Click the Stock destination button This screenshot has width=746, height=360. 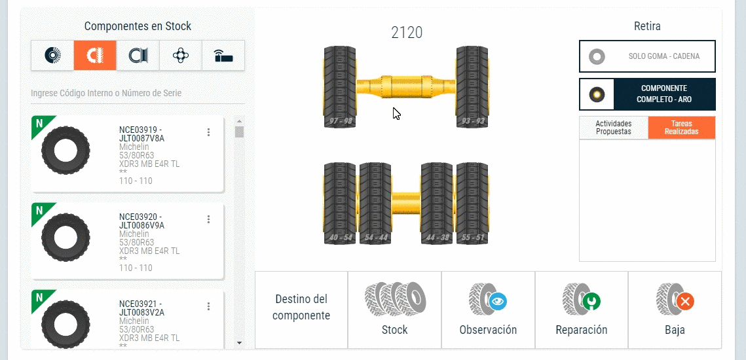click(394, 310)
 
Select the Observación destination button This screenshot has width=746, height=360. click(488, 310)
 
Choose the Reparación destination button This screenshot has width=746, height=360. click(582, 310)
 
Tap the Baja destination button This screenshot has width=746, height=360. click(675, 310)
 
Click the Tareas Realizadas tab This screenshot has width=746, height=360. click(681, 128)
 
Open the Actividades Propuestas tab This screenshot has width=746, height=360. click(613, 128)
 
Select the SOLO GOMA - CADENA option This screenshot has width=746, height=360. click(647, 56)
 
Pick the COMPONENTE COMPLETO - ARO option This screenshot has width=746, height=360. click(647, 94)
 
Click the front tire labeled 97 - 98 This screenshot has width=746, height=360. click(340, 87)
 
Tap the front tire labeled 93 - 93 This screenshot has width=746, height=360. click(472, 87)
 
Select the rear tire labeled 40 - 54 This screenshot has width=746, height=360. click(340, 204)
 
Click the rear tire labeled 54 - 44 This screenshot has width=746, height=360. click(375, 204)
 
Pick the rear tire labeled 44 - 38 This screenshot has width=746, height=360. click(437, 204)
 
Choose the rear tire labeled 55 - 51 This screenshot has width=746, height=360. click(472, 204)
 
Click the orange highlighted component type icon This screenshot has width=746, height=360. click(95, 56)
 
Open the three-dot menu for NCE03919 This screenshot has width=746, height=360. click(208, 132)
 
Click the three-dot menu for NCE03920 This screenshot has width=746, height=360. click(208, 219)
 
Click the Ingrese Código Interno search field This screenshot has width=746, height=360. click(138, 93)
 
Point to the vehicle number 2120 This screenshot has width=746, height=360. click(407, 32)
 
